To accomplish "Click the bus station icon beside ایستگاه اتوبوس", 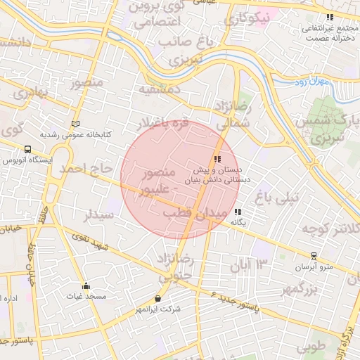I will point(27,149).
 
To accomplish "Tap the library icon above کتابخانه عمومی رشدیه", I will point(76,124).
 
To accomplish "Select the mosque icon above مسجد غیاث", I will point(86,285).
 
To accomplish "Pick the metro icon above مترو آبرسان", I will point(314,256).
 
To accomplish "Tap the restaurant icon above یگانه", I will point(238,212).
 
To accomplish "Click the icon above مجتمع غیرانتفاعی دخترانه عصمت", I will point(329,18).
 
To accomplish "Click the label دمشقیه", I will point(159,89).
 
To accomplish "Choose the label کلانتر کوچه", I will point(331,228).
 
